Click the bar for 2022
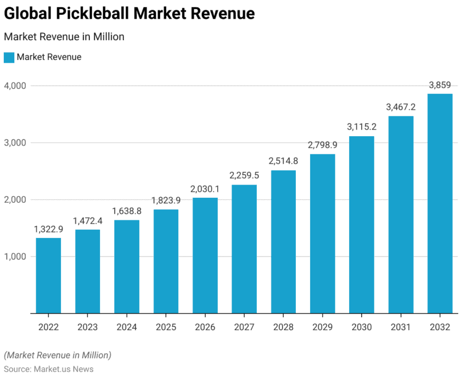[48, 276]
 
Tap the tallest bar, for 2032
[440, 203]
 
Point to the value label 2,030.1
[205, 188]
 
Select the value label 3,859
[440, 85]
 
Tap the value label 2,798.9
[322, 145]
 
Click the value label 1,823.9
[166, 200]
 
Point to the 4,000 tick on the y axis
[15, 86]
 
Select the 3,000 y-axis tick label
[15, 143]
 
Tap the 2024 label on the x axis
[127, 327]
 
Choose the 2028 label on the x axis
[283, 327]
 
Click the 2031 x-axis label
[400, 327]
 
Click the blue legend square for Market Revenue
[9, 57]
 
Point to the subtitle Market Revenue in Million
[64, 37]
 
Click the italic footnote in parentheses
[57, 355]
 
